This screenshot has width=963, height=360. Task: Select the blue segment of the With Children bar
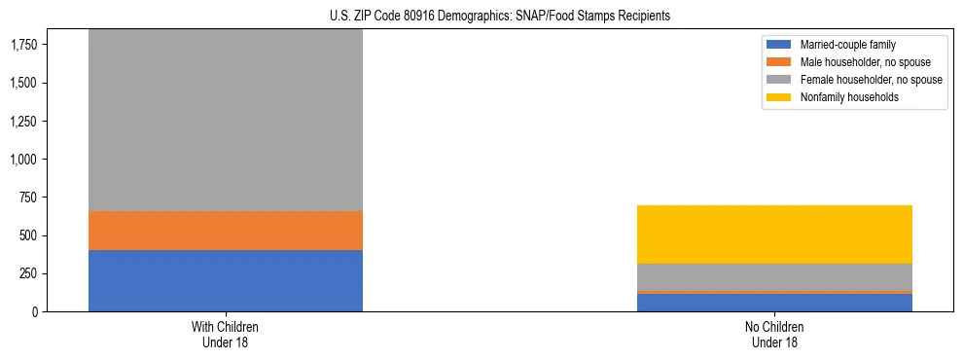[x=226, y=280]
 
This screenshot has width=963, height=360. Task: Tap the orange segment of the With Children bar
[x=226, y=231]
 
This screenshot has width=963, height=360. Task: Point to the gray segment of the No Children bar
[x=774, y=276]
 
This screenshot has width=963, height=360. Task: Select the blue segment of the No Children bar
[x=774, y=303]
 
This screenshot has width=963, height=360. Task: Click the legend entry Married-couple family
[x=847, y=45]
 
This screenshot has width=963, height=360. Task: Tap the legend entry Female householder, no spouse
[x=871, y=80]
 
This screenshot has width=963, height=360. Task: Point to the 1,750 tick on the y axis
[x=24, y=45]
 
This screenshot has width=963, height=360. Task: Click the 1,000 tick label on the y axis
[x=24, y=160]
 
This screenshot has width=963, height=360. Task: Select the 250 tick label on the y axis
[x=30, y=273]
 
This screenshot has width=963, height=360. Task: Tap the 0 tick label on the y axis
[x=36, y=312]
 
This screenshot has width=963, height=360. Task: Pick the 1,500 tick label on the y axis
[x=24, y=84]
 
